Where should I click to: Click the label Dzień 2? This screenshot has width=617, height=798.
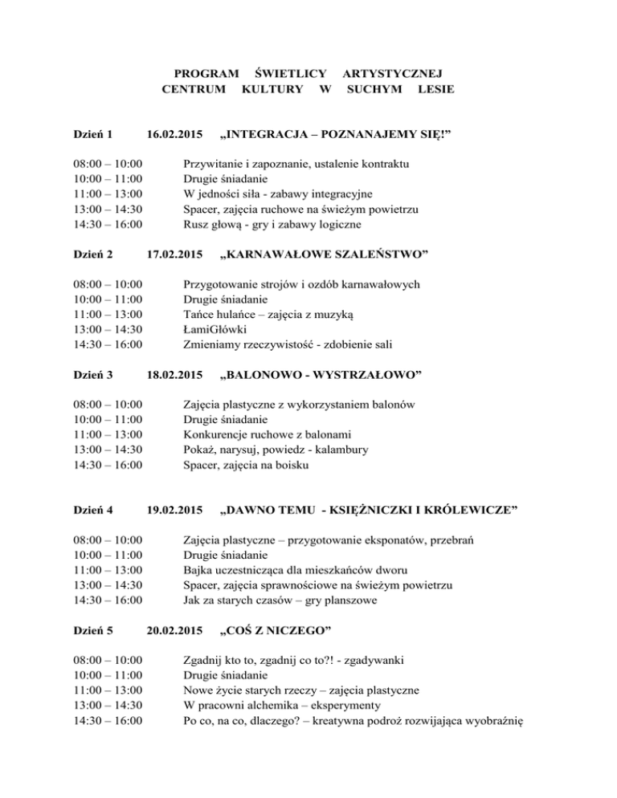(x=89, y=254)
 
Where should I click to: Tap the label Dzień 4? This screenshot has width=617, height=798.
(x=89, y=510)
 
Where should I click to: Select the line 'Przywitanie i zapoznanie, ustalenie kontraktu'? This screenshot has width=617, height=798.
(x=296, y=164)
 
